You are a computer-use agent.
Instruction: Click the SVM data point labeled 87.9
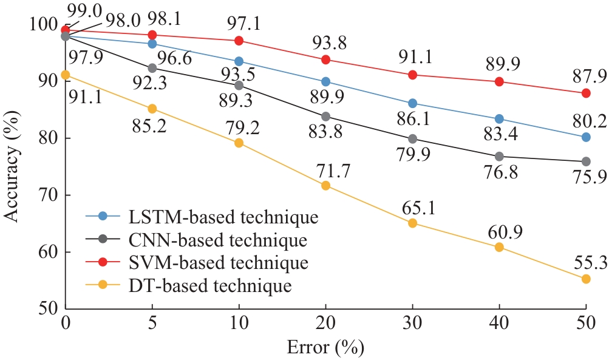point(586,93)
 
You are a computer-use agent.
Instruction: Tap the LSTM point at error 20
point(325,81)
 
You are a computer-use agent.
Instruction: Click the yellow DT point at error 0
point(65,75)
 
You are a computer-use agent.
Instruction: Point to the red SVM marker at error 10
point(239,41)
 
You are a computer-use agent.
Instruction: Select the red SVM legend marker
point(102,262)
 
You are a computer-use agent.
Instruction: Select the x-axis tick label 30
point(412,324)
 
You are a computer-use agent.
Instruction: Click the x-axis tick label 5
point(152,324)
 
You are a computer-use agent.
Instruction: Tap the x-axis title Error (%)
point(325,348)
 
